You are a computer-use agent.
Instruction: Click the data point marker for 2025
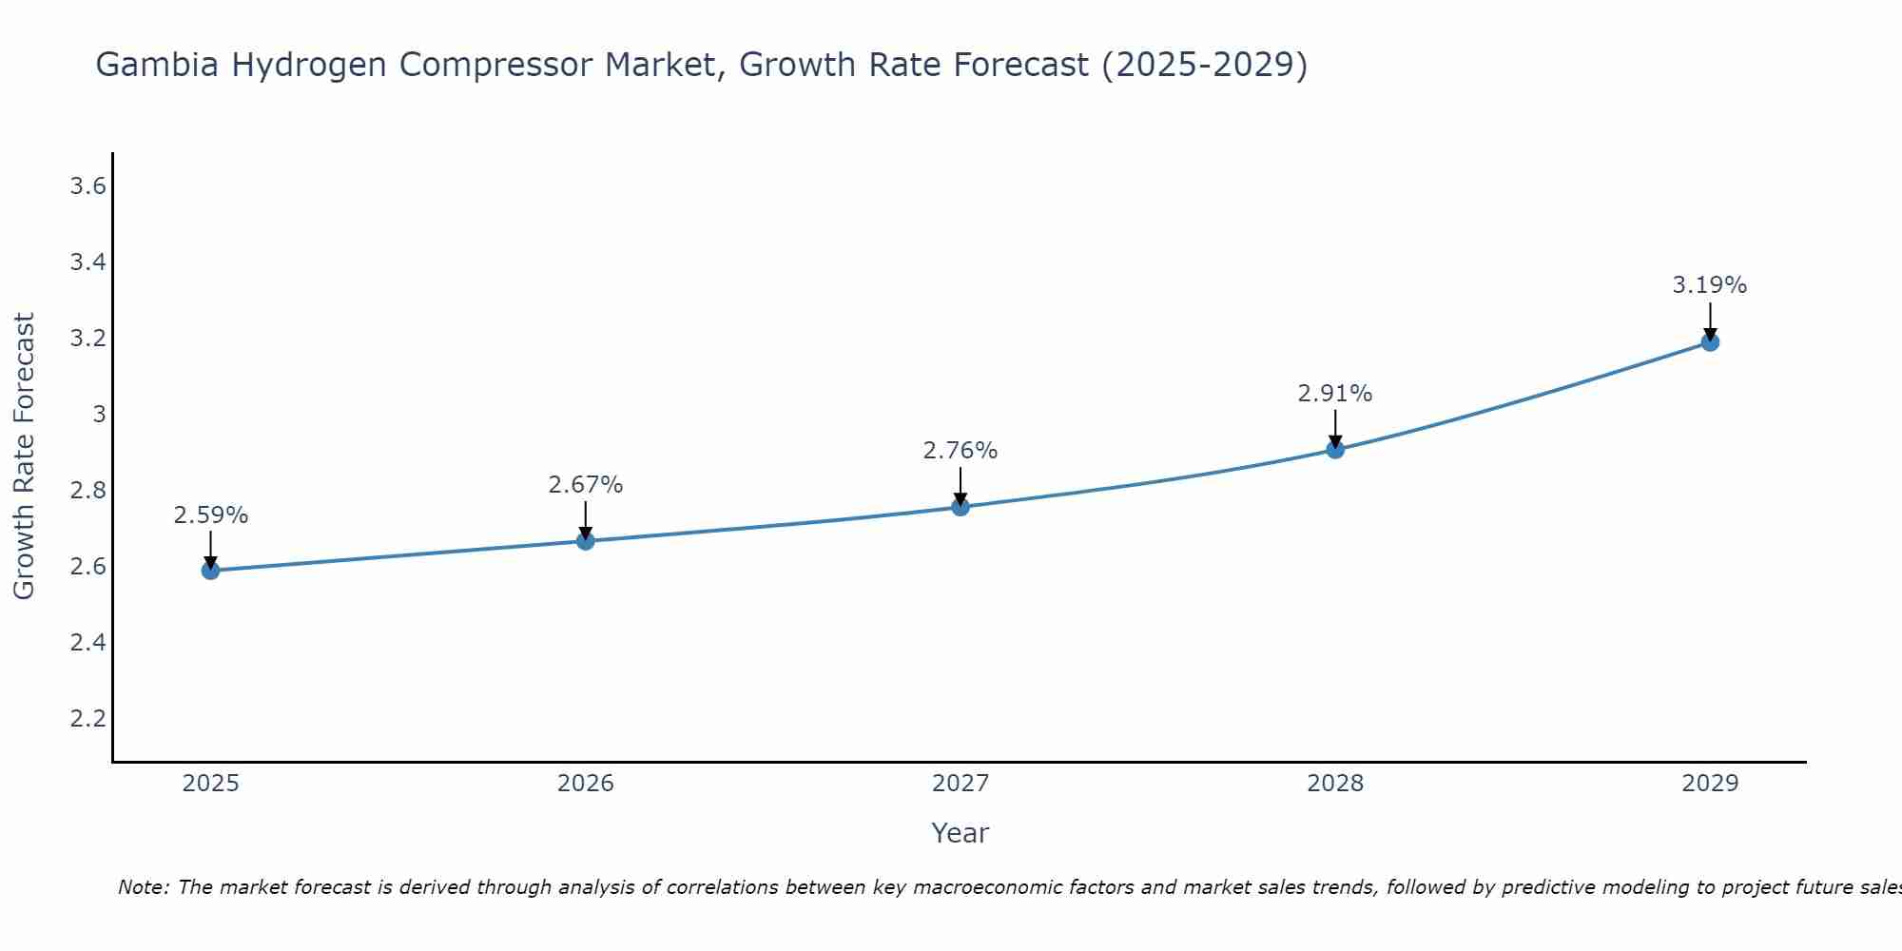(x=210, y=571)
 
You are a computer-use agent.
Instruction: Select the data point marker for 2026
(x=586, y=541)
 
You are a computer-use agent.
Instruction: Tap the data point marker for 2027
(x=961, y=507)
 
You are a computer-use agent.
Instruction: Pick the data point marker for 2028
(x=1335, y=450)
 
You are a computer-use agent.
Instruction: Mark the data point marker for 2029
(x=1710, y=342)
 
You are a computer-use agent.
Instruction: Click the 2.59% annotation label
(x=210, y=515)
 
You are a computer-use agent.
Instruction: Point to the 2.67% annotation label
(x=586, y=485)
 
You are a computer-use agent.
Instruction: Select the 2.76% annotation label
(x=961, y=451)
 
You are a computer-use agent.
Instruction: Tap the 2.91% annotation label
(x=1335, y=394)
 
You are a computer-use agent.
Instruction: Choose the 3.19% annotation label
(x=1710, y=285)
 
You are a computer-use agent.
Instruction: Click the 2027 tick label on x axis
(x=961, y=784)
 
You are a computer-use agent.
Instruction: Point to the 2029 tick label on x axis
(x=1710, y=784)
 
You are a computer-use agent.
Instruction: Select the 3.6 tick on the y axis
(x=87, y=186)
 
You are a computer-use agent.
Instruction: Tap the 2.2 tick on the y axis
(x=87, y=718)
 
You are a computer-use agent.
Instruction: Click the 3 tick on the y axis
(x=99, y=415)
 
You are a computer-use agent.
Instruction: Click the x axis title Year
(x=961, y=833)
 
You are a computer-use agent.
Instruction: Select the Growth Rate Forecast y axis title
(x=25, y=456)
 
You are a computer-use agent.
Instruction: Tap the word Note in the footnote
(x=143, y=887)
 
